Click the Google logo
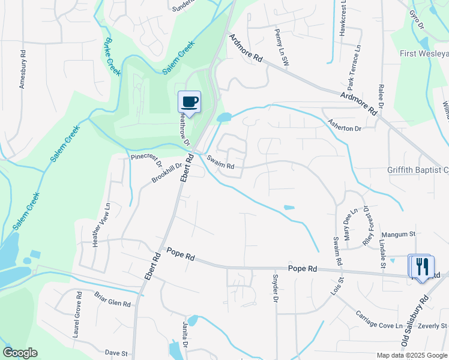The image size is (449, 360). click(20, 353)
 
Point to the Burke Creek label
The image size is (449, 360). click(112, 57)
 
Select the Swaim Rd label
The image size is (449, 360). click(220, 162)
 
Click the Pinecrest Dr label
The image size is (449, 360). click(146, 160)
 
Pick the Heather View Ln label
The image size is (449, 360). click(100, 224)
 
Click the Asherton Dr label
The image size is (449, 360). click(345, 128)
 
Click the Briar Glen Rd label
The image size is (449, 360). click(112, 299)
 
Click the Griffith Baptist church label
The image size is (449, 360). click(418, 170)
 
